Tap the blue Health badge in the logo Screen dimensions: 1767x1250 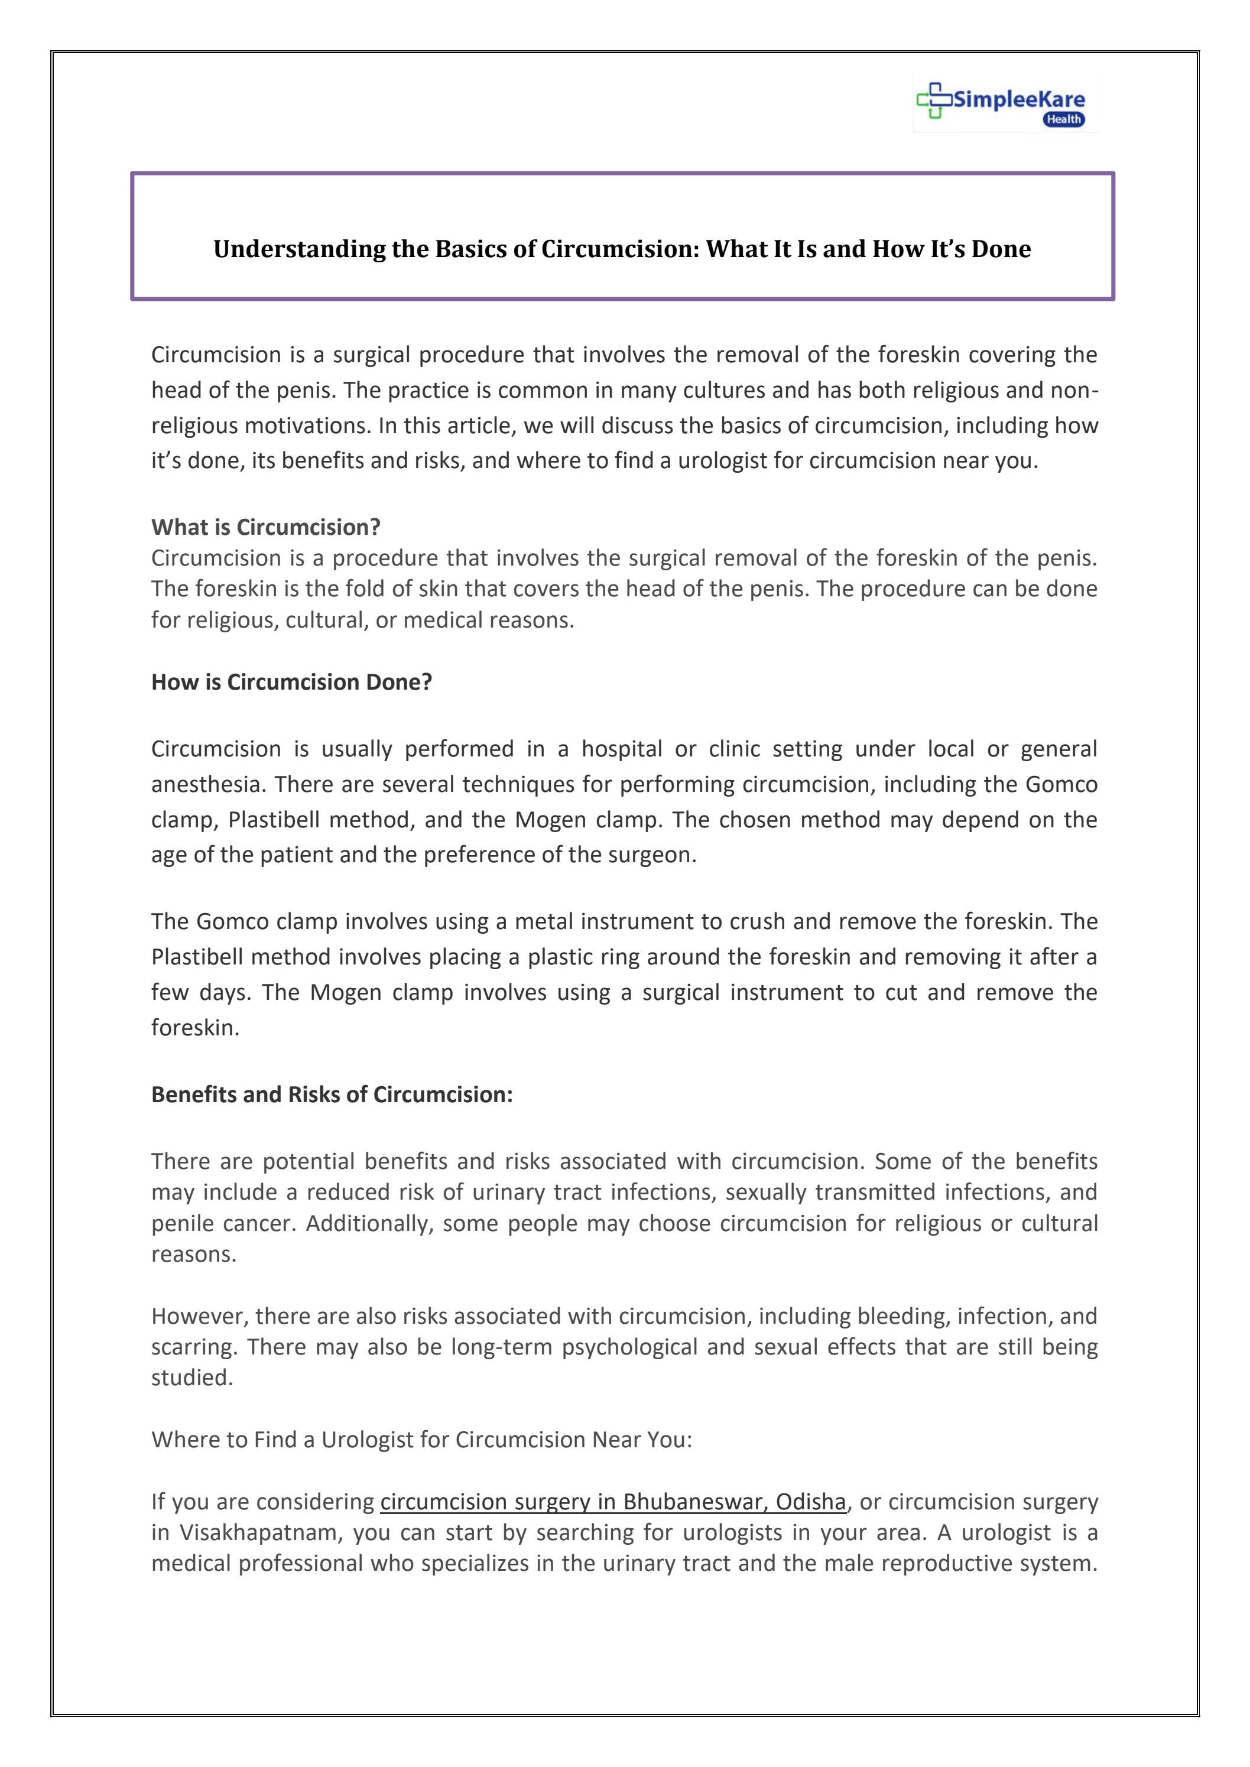(1064, 119)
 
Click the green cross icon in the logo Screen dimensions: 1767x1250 (934, 99)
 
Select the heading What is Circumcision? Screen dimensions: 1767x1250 (265, 527)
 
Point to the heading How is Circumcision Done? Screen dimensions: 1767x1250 (292, 682)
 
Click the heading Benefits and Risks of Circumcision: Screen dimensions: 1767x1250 (332, 1094)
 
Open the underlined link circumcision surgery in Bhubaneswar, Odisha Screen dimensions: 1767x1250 (613, 1502)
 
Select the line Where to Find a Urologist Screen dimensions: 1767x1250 (421, 1439)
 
